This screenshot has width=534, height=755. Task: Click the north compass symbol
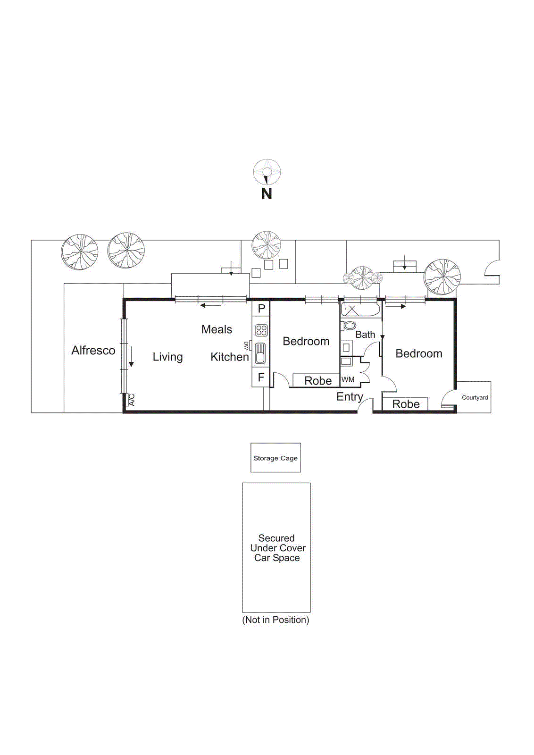pyautogui.click(x=267, y=173)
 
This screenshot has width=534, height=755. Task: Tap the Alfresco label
pyautogui.click(x=93, y=350)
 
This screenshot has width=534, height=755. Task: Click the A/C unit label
pyautogui.click(x=132, y=400)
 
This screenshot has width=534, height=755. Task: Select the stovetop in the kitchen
pyautogui.click(x=261, y=330)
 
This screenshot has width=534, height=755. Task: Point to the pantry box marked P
pyautogui.click(x=261, y=309)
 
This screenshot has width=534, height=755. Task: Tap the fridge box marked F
pyautogui.click(x=261, y=377)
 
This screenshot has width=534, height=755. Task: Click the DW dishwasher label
pyautogui.click(x=246, y=345)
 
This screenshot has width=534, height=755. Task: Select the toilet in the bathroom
pyautogui.click(x=349, y=326)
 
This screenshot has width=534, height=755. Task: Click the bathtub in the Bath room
pyautogui.click(x=360, y=310)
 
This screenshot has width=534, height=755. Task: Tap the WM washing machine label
pyautogui.click(x=348, y=379)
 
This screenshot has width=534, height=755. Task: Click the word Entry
pyautogui.click(x=350, y=397)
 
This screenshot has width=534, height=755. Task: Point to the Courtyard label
pyautogui.click(x=475, y=397)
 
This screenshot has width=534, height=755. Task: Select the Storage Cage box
pyautogui.click(x=275, y=458)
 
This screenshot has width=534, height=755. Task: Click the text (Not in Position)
pyautogui.click(x=275, y=620)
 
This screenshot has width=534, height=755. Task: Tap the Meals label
pyautogui.click(x=217, y=329)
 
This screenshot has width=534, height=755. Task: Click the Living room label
pyautogui.click(x=167, y=357)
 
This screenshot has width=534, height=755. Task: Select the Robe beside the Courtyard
pyautogui.click(x=406, y=404)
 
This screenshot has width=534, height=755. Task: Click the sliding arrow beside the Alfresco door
pyautogui.click(x=131, y=357)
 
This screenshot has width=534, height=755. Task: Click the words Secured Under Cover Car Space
pyautogui.click(x=277, y=548)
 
